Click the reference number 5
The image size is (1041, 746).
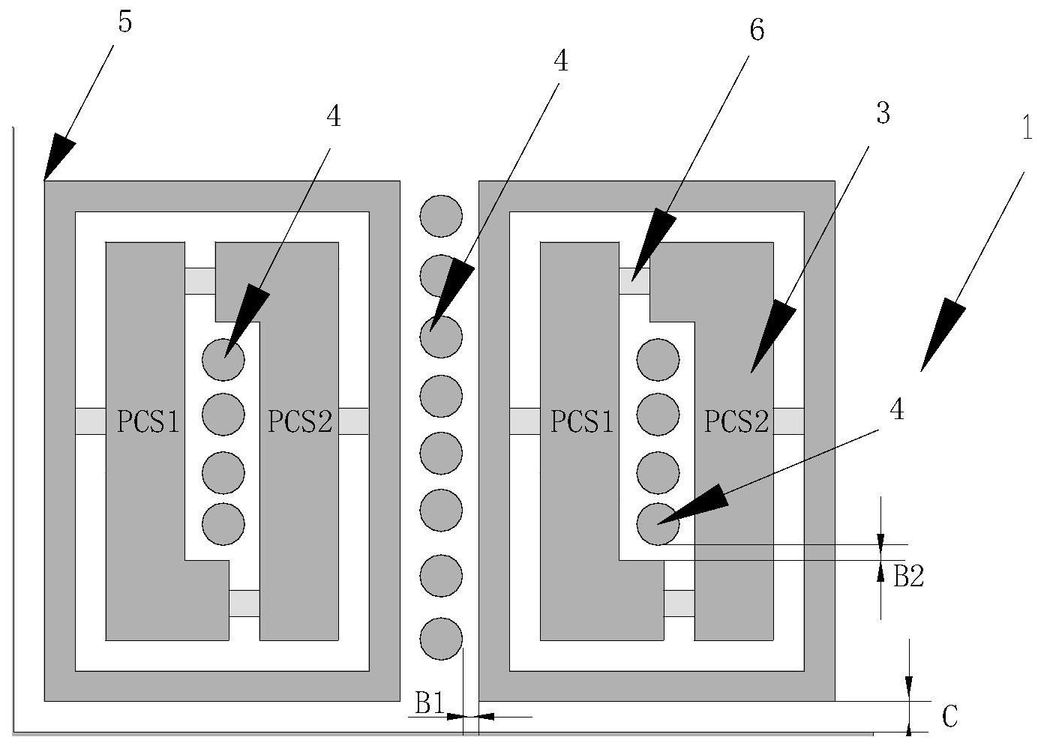point(124,22)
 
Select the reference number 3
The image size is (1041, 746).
point(883,115)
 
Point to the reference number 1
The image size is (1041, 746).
point(1027,129)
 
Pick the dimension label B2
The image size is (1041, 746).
point(907,576)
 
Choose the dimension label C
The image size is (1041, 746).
point(949,716)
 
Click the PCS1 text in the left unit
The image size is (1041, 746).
point(148,423)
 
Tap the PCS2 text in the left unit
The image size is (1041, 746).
point(300,423)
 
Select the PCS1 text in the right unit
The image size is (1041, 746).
point(582,423)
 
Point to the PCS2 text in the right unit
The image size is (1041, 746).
point(736,423)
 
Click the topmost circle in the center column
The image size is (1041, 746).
point(441,217)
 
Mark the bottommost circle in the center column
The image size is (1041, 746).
point(441,639)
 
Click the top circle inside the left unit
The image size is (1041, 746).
point(223,359)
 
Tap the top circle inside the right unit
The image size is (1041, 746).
point(658,359)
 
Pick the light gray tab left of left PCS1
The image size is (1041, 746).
point(90,421)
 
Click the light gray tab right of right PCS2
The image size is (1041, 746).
point(789,421)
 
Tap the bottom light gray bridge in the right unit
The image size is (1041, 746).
point(679,603)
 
